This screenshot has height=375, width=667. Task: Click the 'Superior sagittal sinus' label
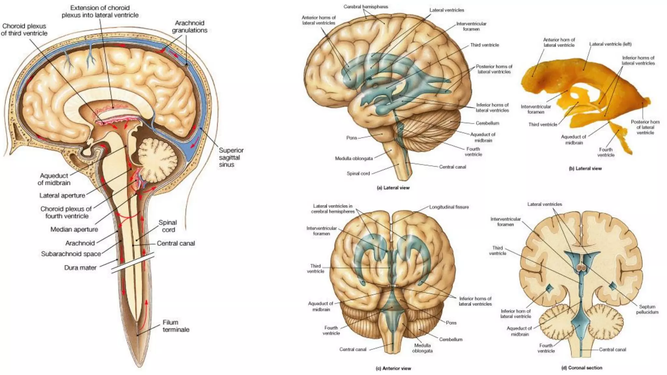click(x=231, y=158)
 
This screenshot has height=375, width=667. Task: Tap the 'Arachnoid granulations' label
click(x=190, y=27)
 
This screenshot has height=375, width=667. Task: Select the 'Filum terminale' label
click(x=176, y=326)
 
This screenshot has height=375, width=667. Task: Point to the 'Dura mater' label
click(x=80, y=268)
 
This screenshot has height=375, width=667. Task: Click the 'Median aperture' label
click(x=74, y=229)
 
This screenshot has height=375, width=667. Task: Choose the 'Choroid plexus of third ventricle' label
click(x=24, y=30)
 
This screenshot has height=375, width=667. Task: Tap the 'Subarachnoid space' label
click(x=71, y=254)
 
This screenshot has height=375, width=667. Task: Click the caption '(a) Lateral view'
click(x=393, y=188)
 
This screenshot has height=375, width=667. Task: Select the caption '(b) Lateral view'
click(x=585, y=169)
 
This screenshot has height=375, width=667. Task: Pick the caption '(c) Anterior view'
click(x=393, y=368)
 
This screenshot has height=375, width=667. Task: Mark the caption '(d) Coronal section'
click(x=582, y=368)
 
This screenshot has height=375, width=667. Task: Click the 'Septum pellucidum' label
click(x=647, y=309)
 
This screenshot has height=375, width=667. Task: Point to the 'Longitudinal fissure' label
click(x=449, y=207)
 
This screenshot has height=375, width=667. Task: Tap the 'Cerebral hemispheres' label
click(x=366, y=7)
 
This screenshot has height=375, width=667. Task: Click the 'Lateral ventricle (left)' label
click(x=610, y=44)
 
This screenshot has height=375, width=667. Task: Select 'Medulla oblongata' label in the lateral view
click(x=354, y=159)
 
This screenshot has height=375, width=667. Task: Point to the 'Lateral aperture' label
click(x=62, y=196)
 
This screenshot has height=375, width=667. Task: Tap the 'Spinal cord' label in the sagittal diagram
click(x=168, y=226)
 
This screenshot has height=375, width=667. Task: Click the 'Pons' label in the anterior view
click(x=451, y=323)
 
